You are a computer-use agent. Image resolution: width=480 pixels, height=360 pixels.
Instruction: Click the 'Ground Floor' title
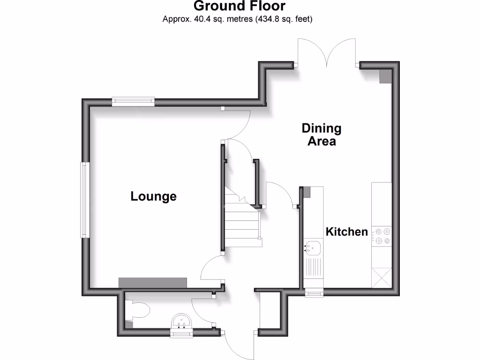pos(239,6)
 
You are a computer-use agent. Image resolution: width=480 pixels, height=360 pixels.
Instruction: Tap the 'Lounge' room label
pos(153,196)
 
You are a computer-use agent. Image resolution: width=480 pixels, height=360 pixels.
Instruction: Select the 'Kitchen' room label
pos(347,232)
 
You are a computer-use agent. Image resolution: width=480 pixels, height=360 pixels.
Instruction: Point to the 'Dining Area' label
pos(322,135)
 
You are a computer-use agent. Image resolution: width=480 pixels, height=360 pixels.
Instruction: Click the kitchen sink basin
pos(313,247)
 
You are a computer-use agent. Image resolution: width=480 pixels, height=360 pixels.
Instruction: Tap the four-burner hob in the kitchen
pos(381,236)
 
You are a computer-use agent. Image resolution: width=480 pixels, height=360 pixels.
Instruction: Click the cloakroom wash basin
pos(181,322)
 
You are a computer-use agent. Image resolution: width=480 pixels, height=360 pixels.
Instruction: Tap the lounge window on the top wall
pos(133,100)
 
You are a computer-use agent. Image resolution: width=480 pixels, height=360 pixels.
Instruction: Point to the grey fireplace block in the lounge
pos(152,282)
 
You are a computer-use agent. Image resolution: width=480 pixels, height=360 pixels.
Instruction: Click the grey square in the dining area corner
pos(385,76)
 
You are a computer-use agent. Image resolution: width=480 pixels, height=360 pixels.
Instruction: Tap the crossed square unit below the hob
pos(381,277)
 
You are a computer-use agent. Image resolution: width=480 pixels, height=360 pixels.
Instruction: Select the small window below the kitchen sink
pos(314,294)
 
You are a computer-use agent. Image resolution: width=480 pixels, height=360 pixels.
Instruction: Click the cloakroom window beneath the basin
pos(181,333)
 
